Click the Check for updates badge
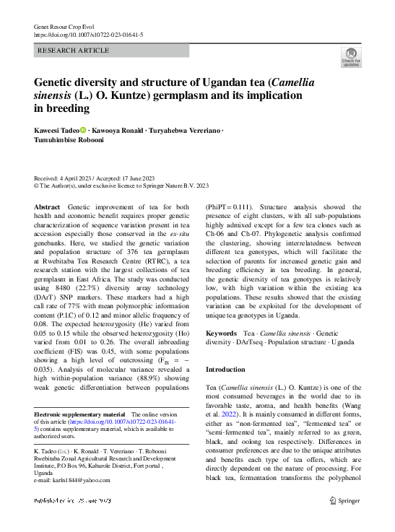351,58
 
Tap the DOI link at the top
88,35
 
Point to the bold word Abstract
48,207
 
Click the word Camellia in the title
288,82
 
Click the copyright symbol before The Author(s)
38,185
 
